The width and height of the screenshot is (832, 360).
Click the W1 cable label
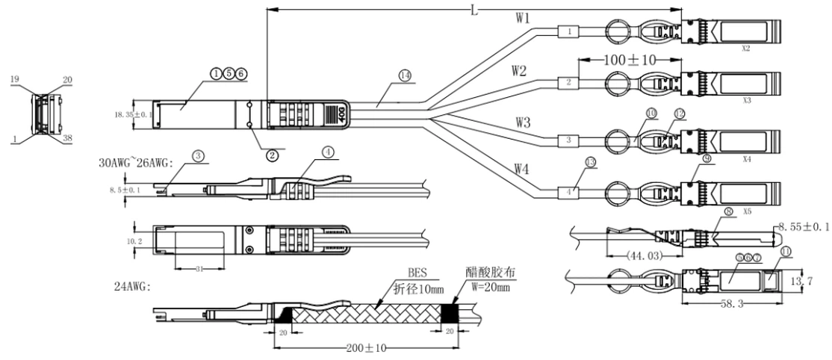[x=524, y=16]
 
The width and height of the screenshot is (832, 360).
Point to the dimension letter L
[x=474, y=9]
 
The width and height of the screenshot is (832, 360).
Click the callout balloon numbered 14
[x=406, y=75]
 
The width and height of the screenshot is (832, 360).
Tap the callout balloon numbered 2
[x=272, y=155]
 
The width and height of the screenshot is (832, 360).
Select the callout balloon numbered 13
[x=592, y=161]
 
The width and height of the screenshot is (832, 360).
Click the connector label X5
[x=746, y=211]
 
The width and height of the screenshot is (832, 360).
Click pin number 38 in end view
[x=67, y=137]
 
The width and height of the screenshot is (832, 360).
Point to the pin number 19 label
[x=16, y=78]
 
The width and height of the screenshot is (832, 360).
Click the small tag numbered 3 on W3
[x=568, y=140]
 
